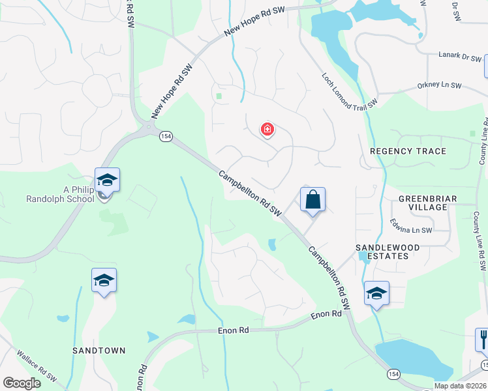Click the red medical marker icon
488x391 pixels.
pos(267,130)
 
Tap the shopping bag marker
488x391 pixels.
pos(313,199)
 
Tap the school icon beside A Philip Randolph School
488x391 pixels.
pos(107,180)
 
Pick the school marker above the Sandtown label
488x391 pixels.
pos(104,281)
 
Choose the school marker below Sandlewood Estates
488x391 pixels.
pos(376,294)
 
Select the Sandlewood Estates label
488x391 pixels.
pos(382,252)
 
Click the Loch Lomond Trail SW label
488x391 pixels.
pos(350,92)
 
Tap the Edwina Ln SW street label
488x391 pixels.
pos(412,230)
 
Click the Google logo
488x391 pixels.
pos(22,383)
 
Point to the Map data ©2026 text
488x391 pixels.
pos(460,386)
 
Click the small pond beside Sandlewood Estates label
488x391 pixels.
pos(363,255)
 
